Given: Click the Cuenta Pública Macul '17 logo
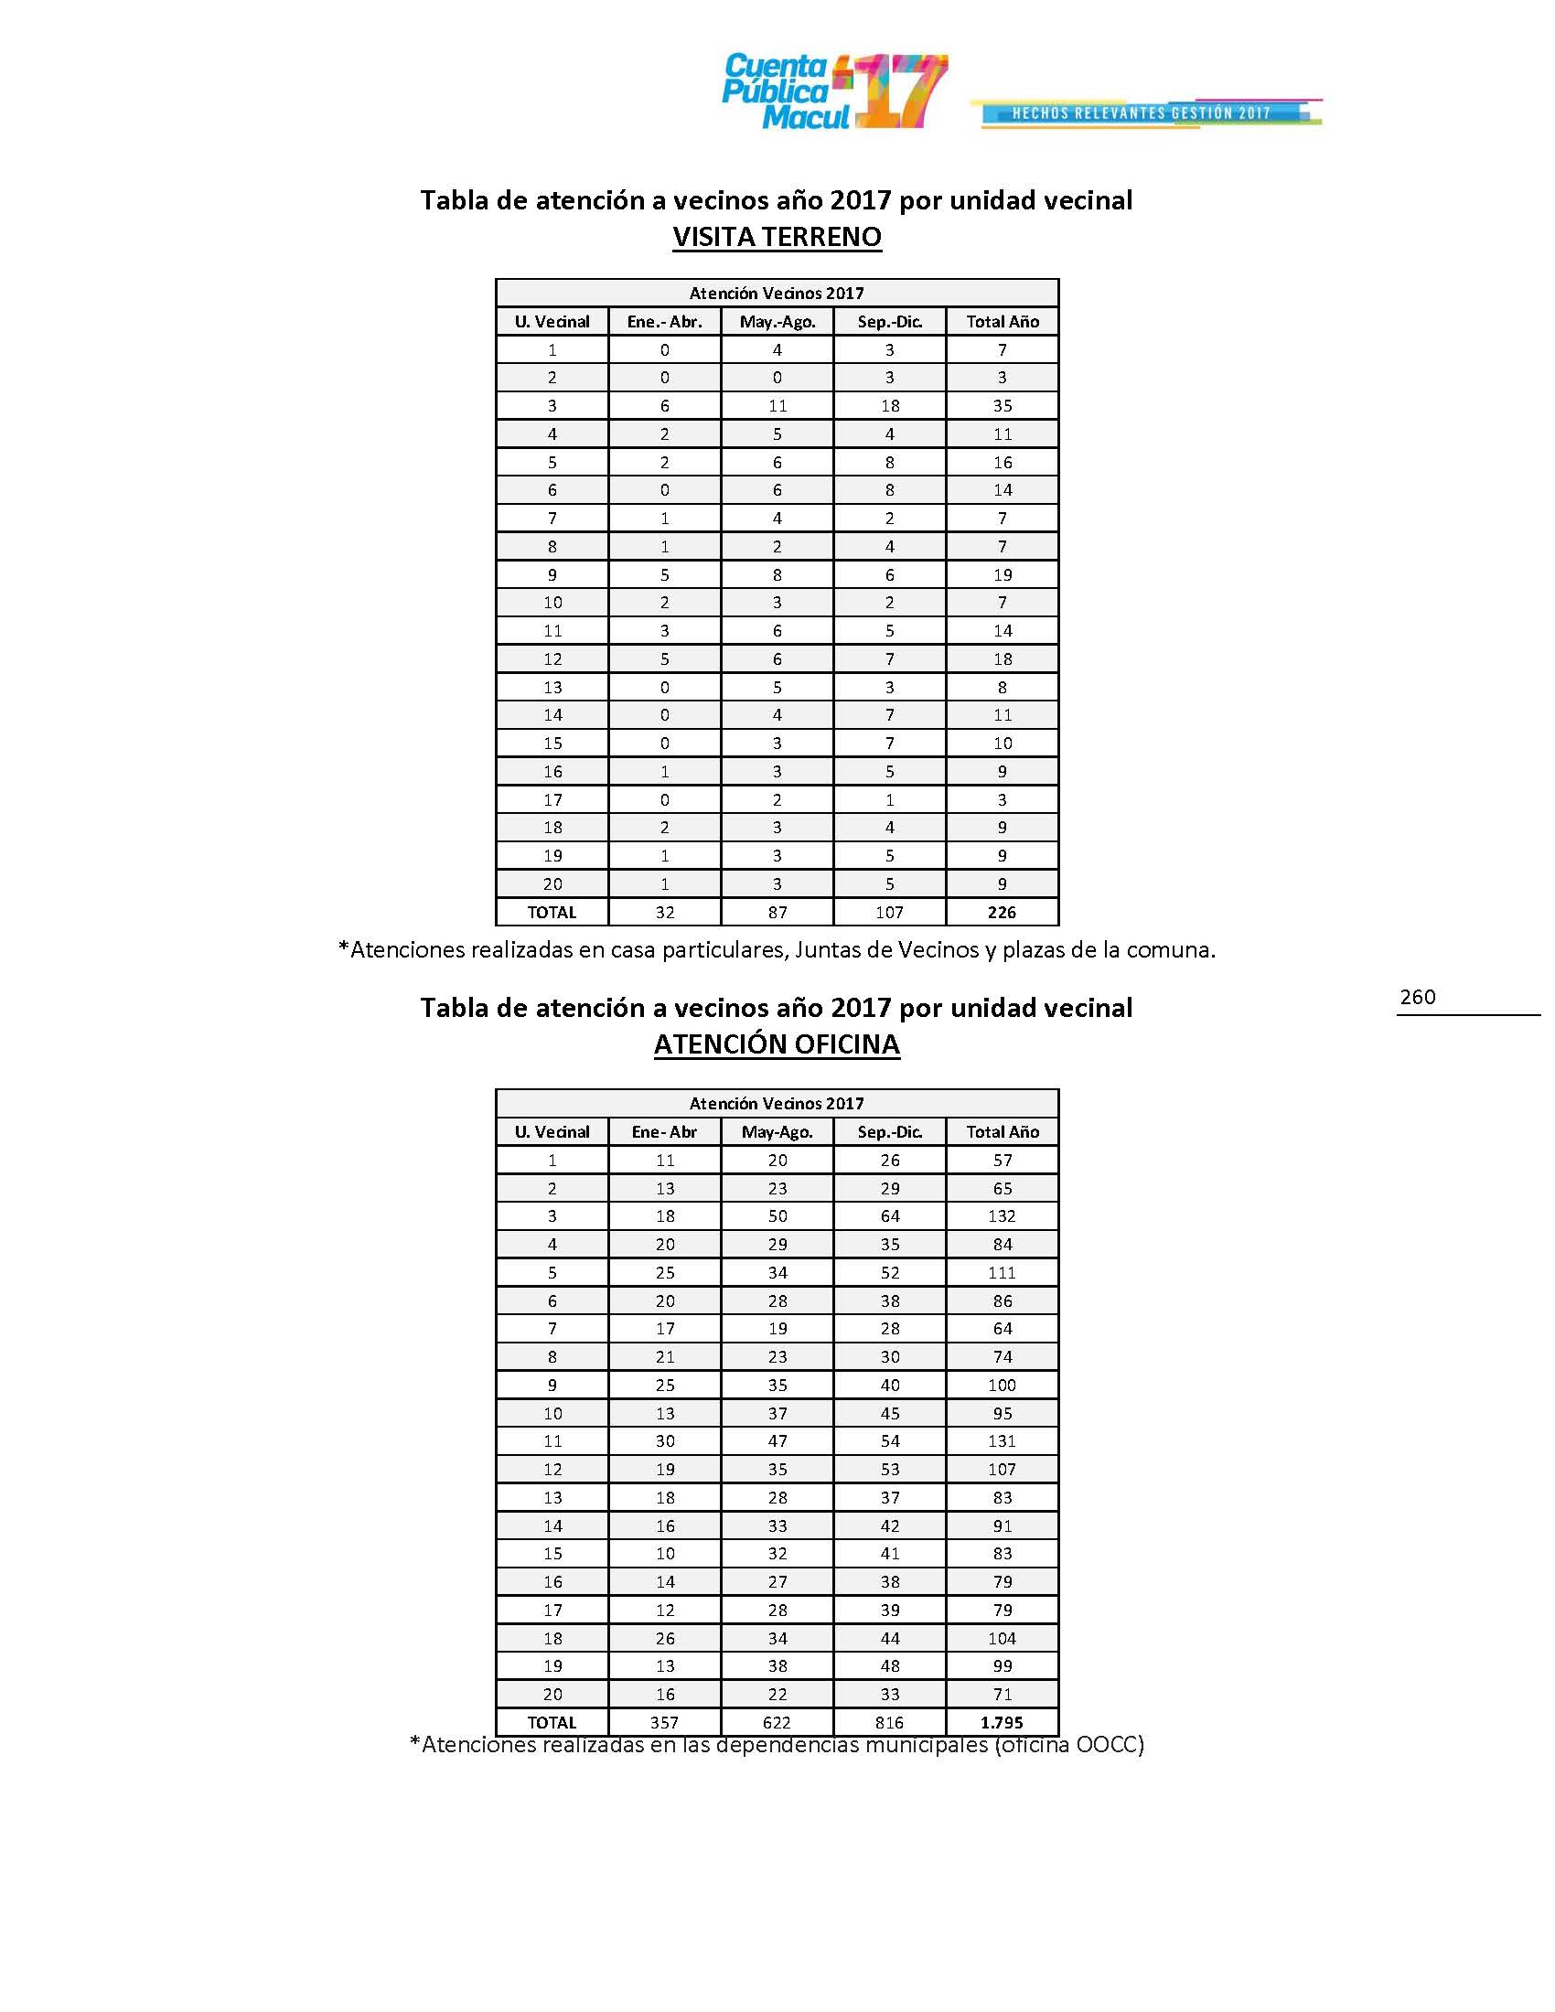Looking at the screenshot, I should [833, 91].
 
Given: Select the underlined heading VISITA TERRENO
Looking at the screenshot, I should [777, 237].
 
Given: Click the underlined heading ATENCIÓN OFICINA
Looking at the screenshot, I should [777, 1044].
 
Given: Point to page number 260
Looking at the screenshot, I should [1417, 997].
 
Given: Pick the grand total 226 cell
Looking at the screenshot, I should [1002, 912].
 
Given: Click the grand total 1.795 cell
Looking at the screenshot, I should [1002, 1723].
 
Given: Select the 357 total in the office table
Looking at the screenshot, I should [664, 1723].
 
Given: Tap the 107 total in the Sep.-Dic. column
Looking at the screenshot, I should [889, 912].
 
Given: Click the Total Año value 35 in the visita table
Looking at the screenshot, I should [1003, 405].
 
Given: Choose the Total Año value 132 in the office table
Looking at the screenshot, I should [1002, 1216].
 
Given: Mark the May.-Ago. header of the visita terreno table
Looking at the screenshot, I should [777, 322].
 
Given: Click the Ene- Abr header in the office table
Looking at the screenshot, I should [664, 1132].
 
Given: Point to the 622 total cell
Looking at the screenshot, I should [777, 1723].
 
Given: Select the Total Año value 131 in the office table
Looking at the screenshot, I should [1002, 1440].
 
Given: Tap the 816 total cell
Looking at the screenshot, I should [889, 1723].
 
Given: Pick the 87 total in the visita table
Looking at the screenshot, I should [777, 912].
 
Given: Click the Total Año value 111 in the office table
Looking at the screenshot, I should [1002, 1272].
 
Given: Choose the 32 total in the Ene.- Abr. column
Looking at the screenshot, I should [664, 912].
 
